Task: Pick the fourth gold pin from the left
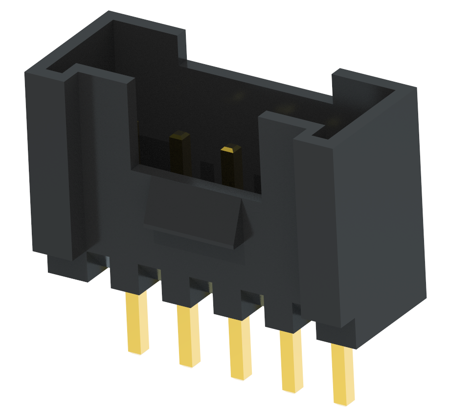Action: pyautogui.click(x=291, y=360)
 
